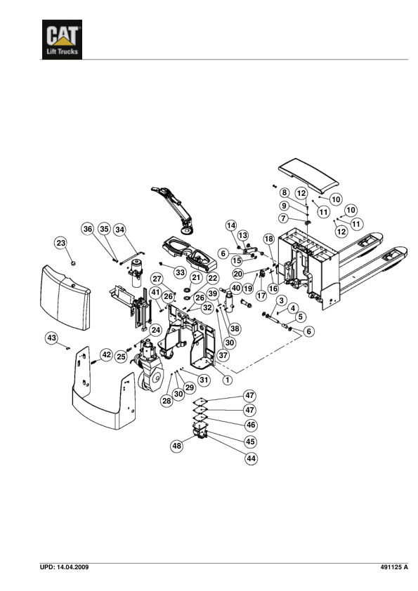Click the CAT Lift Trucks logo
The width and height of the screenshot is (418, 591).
(62, 39)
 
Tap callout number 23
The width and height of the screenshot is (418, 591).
(61, 243)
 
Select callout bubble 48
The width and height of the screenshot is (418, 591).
(177, 446)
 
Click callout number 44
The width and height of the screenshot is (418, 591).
(251, 458)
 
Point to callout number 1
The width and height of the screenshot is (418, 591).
(228, 380)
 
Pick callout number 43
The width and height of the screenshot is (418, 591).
(52, 338)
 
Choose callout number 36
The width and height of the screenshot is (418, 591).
(88, 229)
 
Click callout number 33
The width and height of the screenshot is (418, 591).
(181, 272)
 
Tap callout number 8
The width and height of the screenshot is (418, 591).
(285, 192)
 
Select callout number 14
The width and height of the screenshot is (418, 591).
(231, 225)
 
